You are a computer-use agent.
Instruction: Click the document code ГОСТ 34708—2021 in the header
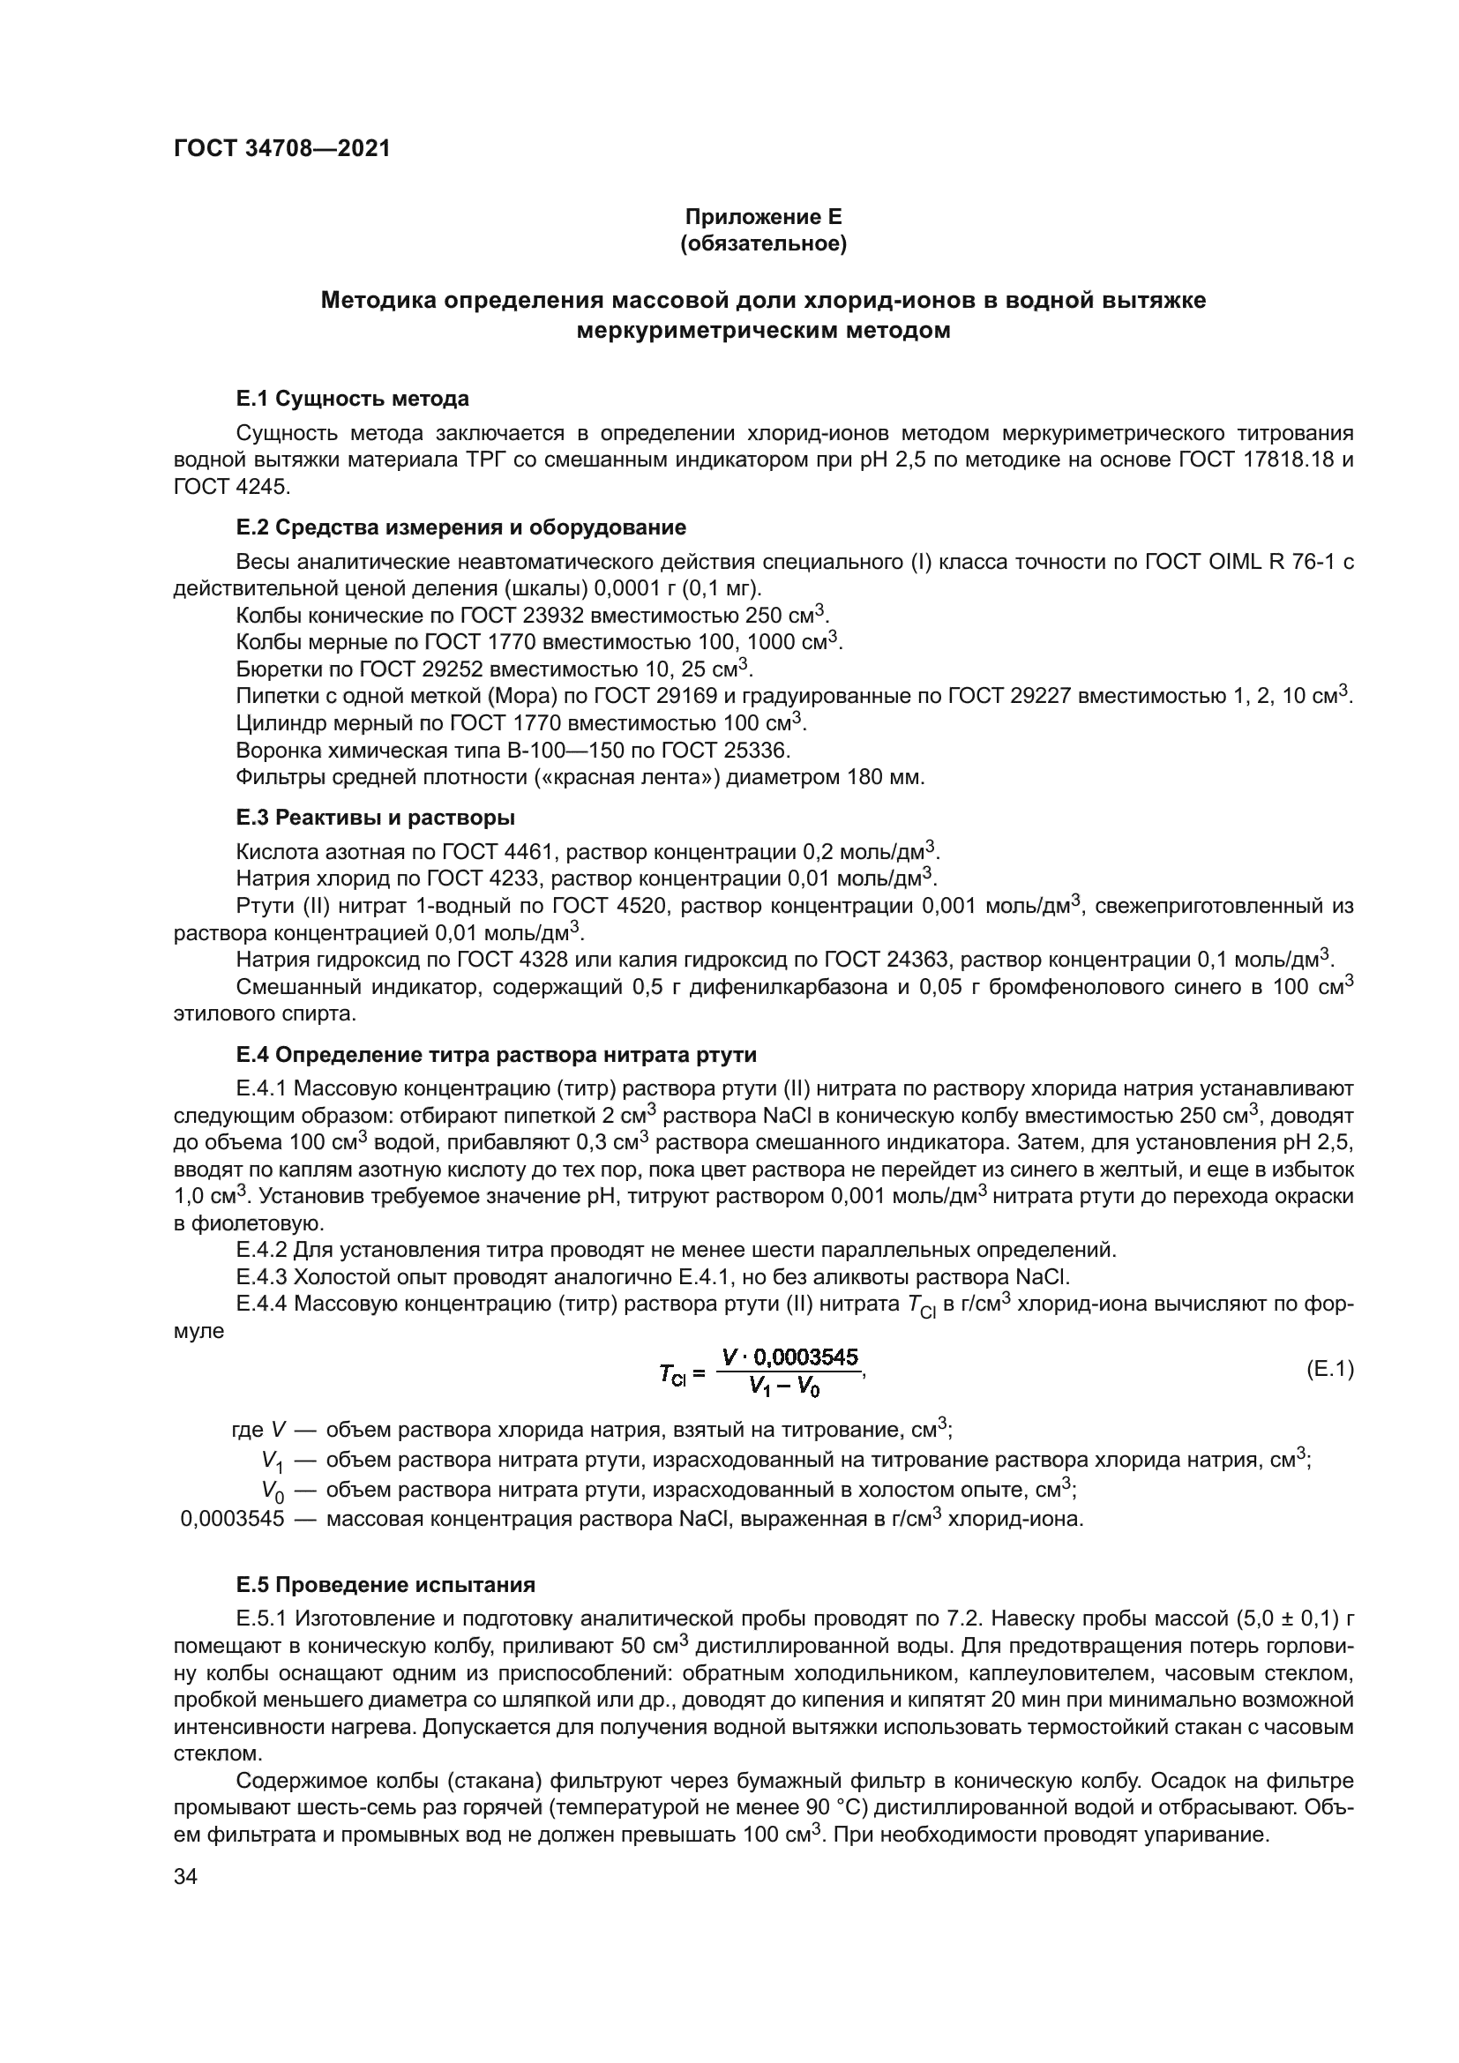[x=282, y=149]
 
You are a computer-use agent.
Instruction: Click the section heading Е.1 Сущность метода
[x=352, y=398]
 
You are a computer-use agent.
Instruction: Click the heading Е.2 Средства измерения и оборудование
[x=460, y=527]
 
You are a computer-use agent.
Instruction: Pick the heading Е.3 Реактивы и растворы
[x=376, y=818]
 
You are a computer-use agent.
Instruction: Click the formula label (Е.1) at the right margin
[x=1328, y=1370]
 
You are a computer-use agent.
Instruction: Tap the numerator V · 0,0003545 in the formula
[x=790, y=1357]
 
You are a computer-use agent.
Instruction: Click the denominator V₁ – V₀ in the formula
[x=784, y=1387]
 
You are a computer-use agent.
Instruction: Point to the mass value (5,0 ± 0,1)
[x=1290, y=1619]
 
